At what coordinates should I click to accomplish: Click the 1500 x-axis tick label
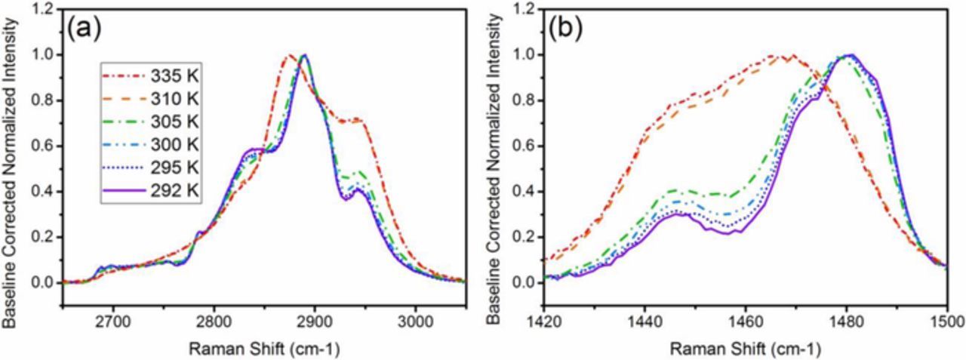[x=946, y=320]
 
